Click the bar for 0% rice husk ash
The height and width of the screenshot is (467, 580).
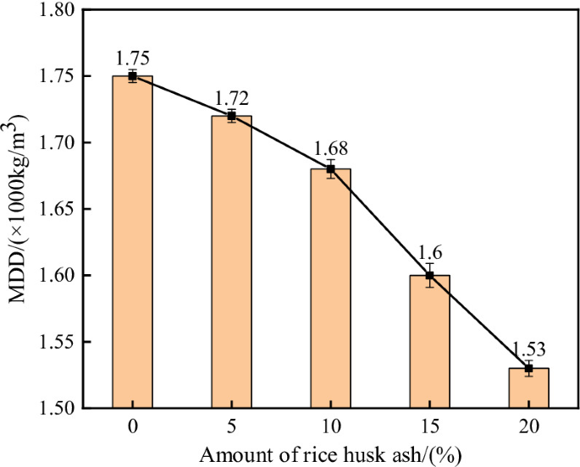pyautogui.click(x=132, y=245)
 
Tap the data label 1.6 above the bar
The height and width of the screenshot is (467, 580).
pyautogui.click(x=429, y=254)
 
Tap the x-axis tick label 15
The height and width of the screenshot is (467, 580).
pyautogui.click(x=429, y=427)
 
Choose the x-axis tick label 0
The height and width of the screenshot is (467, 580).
pyautogui.click(x=132, y=427)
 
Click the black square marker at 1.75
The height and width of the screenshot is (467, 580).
pyautogui.click(x=132, y=76)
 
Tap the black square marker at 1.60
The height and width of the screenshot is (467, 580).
pyautogui.click(x=429, y=275)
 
